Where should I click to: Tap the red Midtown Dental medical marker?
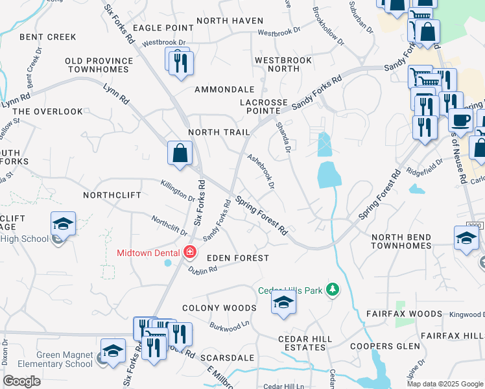[x=190, y=252]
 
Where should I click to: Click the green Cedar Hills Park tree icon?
[x=333, y=289]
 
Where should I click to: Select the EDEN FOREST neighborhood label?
[x=237, y=258]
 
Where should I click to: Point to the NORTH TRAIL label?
[x=219, y=132]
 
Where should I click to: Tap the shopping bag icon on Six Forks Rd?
[x=180, y=154]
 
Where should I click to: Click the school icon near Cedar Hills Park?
[x=283, y=303]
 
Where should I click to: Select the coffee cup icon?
[x=460, y=120]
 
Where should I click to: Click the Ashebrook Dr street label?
[x=261, y=171]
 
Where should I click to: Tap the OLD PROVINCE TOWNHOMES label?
[x=99, y=65]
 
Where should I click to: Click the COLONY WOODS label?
[x=219, y=308]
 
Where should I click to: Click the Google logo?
[x=22, y=381]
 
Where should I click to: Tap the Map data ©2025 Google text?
[x=445, y=384]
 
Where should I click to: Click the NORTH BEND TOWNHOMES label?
[x=410, y=241]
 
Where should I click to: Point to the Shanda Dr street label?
[x=283, y=138]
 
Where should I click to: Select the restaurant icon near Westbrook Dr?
[x=179, y=63]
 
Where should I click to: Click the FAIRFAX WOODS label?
[x=413, y=314]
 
